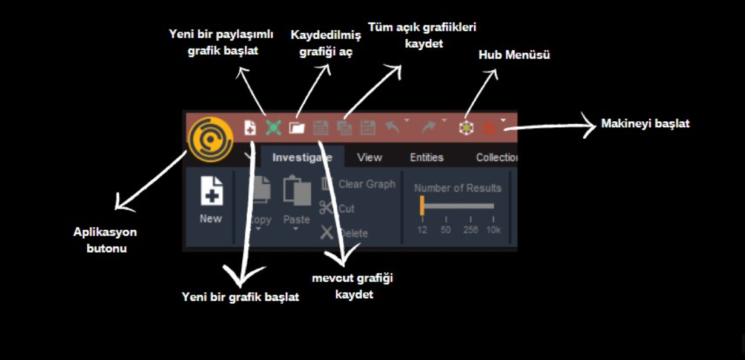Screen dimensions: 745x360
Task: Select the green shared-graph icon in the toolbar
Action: point(273,128)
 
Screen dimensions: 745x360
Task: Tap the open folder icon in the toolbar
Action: point(297,128)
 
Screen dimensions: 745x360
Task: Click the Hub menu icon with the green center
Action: point(466,128)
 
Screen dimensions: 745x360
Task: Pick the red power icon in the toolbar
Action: point(489,128)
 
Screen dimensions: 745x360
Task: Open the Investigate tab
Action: point(302,158)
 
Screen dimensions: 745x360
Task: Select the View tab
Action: point(369,158)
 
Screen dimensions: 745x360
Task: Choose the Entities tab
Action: point(427,158)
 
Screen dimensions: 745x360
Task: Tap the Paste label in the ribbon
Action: point(296,219)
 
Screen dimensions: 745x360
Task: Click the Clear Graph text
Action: point(367,184)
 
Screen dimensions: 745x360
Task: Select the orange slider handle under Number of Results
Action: point(422,205)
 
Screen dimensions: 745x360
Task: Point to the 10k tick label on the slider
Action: point(494,230)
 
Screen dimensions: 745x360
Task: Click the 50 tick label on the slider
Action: point(446,230)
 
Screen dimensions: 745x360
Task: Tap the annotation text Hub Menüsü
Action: point(514,55)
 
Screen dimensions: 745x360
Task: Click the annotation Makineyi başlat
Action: point(645,124)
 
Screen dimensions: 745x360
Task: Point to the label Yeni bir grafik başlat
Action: point(240,297)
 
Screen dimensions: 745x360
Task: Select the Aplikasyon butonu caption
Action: point(105,240)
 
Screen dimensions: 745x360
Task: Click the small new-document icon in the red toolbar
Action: point(250,128)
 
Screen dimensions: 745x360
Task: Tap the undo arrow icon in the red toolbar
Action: point(392,127)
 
